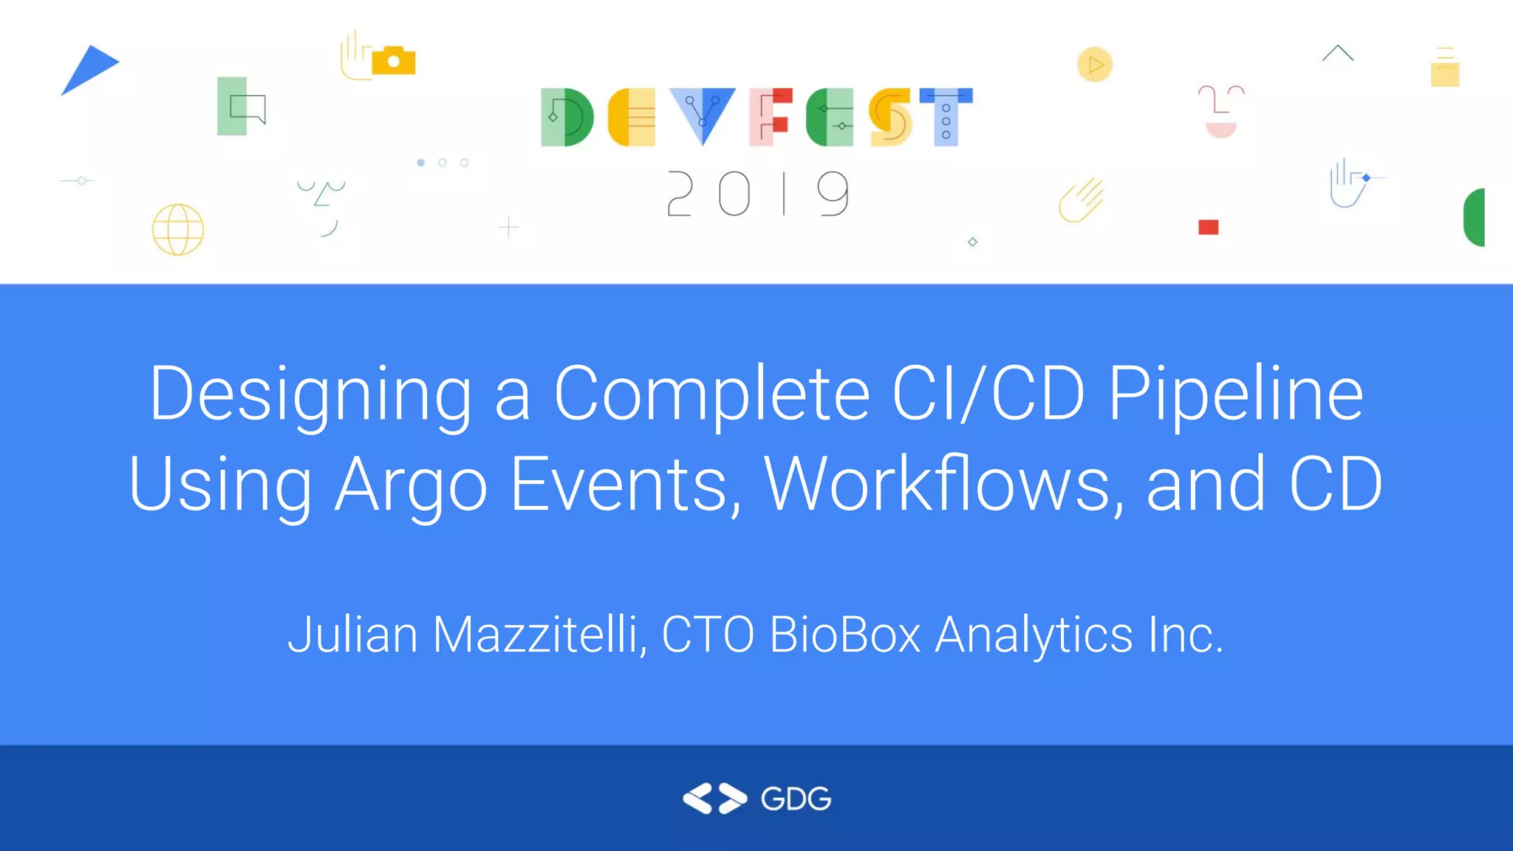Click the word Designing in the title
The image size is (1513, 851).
tap(310, 395)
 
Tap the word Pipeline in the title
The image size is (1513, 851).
tap(1235, 395)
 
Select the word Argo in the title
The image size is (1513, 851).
tap(411, 485)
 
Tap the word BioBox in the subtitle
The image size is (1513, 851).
tap(844, 635)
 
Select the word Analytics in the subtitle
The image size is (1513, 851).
tap(1034, 636)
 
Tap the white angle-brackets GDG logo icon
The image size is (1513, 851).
tap(714, 799)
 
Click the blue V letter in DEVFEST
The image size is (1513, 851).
tap(702, 115)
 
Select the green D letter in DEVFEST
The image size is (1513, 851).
tap(567, 117)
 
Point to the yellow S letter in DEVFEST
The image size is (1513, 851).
tap(890, 117)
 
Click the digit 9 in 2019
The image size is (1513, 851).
tap(833, 194)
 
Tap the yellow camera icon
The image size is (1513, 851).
tap(394, 61)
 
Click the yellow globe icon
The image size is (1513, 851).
tap(178, 230)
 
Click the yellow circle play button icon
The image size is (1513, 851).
tap(1095, 65)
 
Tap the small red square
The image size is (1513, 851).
tap(1208, 227)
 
